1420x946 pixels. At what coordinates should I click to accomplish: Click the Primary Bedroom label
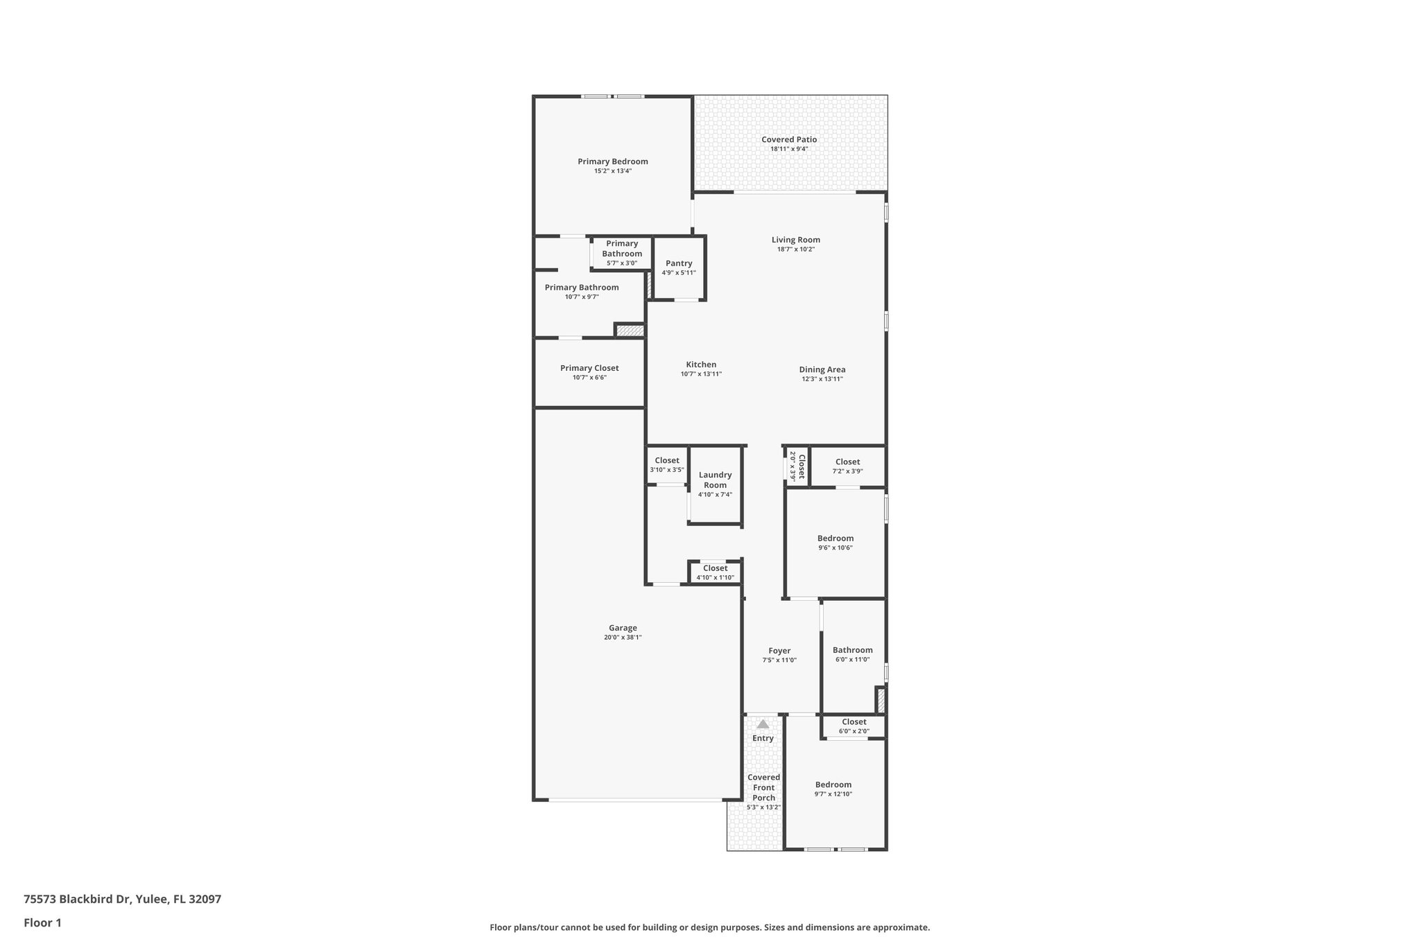pos(612,161)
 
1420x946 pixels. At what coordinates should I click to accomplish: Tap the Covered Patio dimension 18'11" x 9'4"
pos(789,149)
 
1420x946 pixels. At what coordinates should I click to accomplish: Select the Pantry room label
pos(679,263)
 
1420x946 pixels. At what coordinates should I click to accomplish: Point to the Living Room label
pos(795,240)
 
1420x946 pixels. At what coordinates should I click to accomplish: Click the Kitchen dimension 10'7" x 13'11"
pos(701,374)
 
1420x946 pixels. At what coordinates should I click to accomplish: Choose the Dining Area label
pos(822,369)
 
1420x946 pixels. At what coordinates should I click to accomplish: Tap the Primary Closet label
pos(589,368)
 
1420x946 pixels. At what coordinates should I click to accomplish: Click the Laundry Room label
pos(715,480)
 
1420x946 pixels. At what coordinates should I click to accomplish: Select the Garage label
pos(623,628)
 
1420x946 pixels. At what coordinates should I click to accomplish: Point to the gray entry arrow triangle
pos(763,724)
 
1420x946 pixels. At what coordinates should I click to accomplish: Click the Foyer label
pos(779,651)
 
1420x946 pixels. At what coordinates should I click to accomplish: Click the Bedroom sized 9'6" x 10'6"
pos(835,538)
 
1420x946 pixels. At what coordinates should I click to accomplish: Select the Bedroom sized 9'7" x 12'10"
pos(833,785)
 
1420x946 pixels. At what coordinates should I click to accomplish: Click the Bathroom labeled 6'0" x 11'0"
pos(852,650)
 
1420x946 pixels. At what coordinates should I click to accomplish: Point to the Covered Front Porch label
pos(763,787)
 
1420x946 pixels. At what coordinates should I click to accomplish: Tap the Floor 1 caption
pos(42,923)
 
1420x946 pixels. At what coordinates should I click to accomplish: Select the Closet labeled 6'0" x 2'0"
pos(854,722)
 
